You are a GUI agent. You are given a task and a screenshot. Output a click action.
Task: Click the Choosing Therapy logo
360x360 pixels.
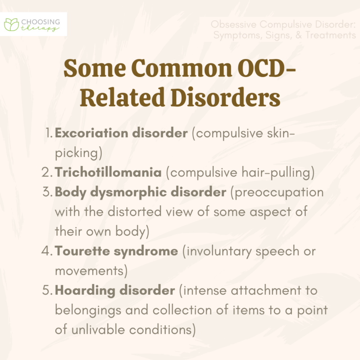(35, 24)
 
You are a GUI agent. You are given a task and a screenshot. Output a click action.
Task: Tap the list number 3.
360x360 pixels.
(48, 192)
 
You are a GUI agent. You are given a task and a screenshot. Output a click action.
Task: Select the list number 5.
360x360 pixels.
(48, 290)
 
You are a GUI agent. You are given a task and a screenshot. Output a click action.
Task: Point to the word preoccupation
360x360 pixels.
(279, 192)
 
